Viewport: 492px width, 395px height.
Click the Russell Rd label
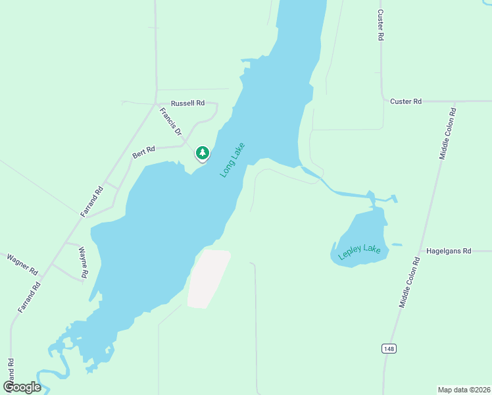click(x=187, y=103)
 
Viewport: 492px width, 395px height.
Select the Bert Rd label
click(x=143, y=153)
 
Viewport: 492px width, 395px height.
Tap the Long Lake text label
click(x=232, y=160)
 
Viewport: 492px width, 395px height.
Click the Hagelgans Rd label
click(x=449, y=251)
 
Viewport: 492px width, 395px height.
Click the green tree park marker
click(x=203, y=153)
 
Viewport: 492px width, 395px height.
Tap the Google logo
click(x=22, y=386)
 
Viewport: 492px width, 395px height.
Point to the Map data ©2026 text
click(x=463, y=389)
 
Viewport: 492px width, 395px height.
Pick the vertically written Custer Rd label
click(x=380, y=25)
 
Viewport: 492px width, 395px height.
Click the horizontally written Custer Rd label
click(x=405, y=101)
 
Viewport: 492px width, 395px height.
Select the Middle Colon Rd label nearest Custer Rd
click(x=448, y=130)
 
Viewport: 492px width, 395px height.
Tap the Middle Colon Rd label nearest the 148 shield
click(x=408, y=282)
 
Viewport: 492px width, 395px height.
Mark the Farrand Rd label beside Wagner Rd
click(x=30, y=297)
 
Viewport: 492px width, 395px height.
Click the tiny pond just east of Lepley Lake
click(x=396, y=245)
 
